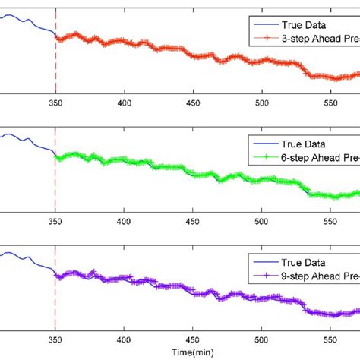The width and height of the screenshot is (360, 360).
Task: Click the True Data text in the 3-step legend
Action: pos(304,23)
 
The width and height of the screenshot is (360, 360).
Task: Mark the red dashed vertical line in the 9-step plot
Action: pos(55,304)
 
